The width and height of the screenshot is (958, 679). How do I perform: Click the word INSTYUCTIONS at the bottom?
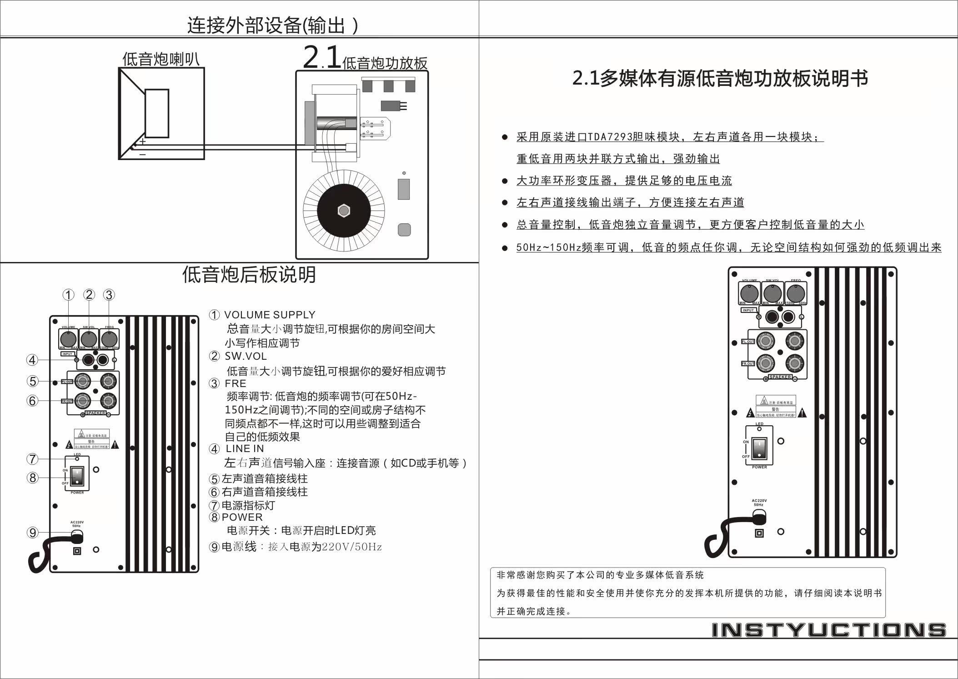[x=828, y=630]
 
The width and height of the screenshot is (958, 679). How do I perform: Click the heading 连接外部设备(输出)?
[x=272, y=25]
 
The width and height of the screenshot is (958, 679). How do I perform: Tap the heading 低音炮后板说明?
[x=249, y=274]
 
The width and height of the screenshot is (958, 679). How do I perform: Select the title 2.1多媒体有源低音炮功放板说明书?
[x=720, y=78]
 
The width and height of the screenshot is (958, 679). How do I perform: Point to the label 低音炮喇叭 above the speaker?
[x=161, y=59]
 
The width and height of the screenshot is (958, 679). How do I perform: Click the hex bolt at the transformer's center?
[x=344, y=211]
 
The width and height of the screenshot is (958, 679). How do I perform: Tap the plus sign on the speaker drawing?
[x=143, y=141]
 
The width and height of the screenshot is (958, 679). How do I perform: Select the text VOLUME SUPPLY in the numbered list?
[x=270, y=315]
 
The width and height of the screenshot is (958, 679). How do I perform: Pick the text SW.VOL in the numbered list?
[x=246, y=356]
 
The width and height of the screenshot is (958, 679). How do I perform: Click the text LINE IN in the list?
[x=245, y=448]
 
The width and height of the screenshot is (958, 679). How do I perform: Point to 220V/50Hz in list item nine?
[x=351, y=547]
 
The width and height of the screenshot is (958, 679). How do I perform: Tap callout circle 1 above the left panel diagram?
[x=68, y=295]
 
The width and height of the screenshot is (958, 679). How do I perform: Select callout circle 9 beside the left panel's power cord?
[x=32, y=533]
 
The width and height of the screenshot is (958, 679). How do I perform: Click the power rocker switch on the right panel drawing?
[x=759, y=448]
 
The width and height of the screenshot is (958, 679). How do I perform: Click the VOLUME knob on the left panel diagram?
[x=68, y=339]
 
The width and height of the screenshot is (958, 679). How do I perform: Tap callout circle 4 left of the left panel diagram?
[x=32, y=360]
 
